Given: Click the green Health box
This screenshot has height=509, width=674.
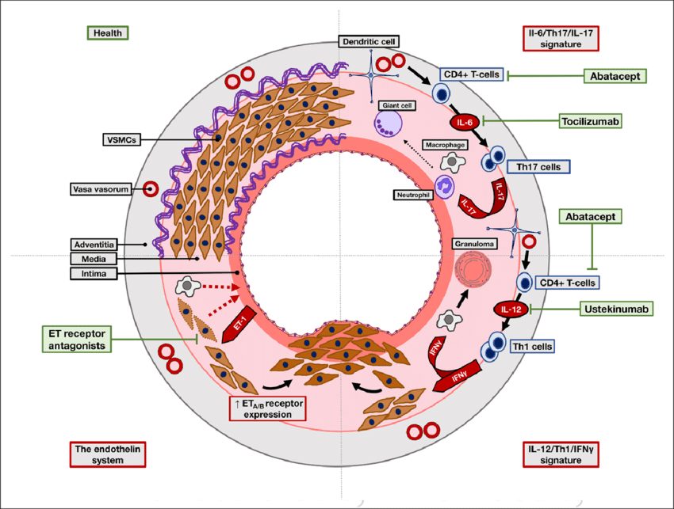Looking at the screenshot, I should [x=108, y=32].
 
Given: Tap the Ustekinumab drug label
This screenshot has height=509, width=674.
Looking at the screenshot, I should [x=615, y=310].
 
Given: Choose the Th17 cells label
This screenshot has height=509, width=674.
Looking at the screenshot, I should [x=538, y=167].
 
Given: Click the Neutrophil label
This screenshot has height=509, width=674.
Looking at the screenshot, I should [x=412, y=193].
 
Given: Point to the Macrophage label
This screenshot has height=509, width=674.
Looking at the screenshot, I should [x=443, y=146].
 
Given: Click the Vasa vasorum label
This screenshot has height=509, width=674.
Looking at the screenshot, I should [x=98, y=189].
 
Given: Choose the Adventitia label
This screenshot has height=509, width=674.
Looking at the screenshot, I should [x=94, y=244].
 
